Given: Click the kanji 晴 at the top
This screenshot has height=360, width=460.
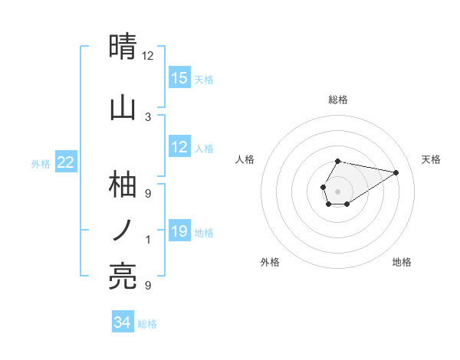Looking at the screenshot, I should tap(123, 47).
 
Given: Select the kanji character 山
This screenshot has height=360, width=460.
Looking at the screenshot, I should tap(123, 107).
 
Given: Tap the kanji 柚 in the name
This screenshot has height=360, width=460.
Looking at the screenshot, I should tap(123, 185).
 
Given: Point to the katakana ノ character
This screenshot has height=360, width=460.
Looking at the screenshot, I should tap(123, 229).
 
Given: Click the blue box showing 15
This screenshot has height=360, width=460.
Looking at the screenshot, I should tap(179, 78).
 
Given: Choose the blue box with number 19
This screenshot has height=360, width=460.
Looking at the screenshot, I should tap(179, 231).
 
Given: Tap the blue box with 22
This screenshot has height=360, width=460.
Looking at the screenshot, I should tap(66, 162).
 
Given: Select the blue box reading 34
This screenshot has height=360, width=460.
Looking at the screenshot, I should tap(123, 322).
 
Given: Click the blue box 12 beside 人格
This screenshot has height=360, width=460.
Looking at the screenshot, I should tap(179, 147).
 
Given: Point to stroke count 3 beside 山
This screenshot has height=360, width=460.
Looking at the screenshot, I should tap(148, 116).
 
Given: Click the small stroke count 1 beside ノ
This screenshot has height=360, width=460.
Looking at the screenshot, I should tap(148, 240).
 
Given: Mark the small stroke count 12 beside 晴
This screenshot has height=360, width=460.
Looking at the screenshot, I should tap(148, 56).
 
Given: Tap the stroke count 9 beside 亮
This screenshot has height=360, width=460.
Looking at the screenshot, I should tap(148, 286).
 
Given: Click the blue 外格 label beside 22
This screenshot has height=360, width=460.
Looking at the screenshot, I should tap(41, 163).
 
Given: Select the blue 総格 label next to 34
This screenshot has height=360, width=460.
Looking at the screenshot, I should tap(147, 324).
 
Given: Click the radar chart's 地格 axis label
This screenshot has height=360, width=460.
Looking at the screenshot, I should tap(402, 262).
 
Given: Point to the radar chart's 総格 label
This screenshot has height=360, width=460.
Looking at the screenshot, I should tap(337, 100).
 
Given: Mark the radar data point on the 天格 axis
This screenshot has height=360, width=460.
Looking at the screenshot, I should tap(396, 172).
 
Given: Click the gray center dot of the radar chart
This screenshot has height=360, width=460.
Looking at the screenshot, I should tap(337, 190).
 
